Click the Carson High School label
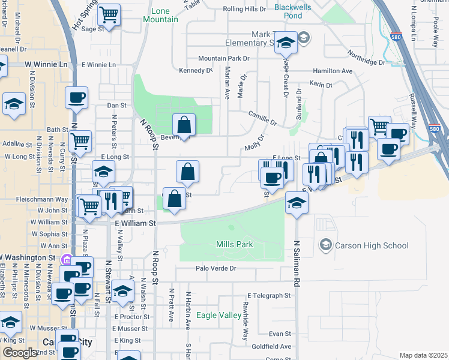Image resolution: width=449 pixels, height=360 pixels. [x=373, y=245]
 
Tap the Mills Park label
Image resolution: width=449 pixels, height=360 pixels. [x=234, y=245]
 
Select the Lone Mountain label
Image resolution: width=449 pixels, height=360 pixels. [x=161, y=16]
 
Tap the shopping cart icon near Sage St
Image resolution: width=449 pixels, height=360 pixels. [x=109, y=14]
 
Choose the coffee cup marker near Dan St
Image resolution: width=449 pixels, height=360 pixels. [x=76, y=97]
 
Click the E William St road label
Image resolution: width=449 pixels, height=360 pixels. [x=135, y=223]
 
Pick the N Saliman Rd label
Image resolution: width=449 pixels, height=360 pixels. [x=297, y=265]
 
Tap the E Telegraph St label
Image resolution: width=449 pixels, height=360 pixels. [x=269, y=296]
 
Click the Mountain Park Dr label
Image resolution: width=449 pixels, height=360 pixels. [x=223, y=59]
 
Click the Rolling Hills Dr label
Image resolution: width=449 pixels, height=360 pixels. [x=244, y=9]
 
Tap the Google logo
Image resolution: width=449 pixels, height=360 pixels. [x=20, y=353]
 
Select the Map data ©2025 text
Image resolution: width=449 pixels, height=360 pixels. [x=423, y=355]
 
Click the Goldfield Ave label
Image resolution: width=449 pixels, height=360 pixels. [x=272, y=346]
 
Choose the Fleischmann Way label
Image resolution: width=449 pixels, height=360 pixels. [x=42, y=199]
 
